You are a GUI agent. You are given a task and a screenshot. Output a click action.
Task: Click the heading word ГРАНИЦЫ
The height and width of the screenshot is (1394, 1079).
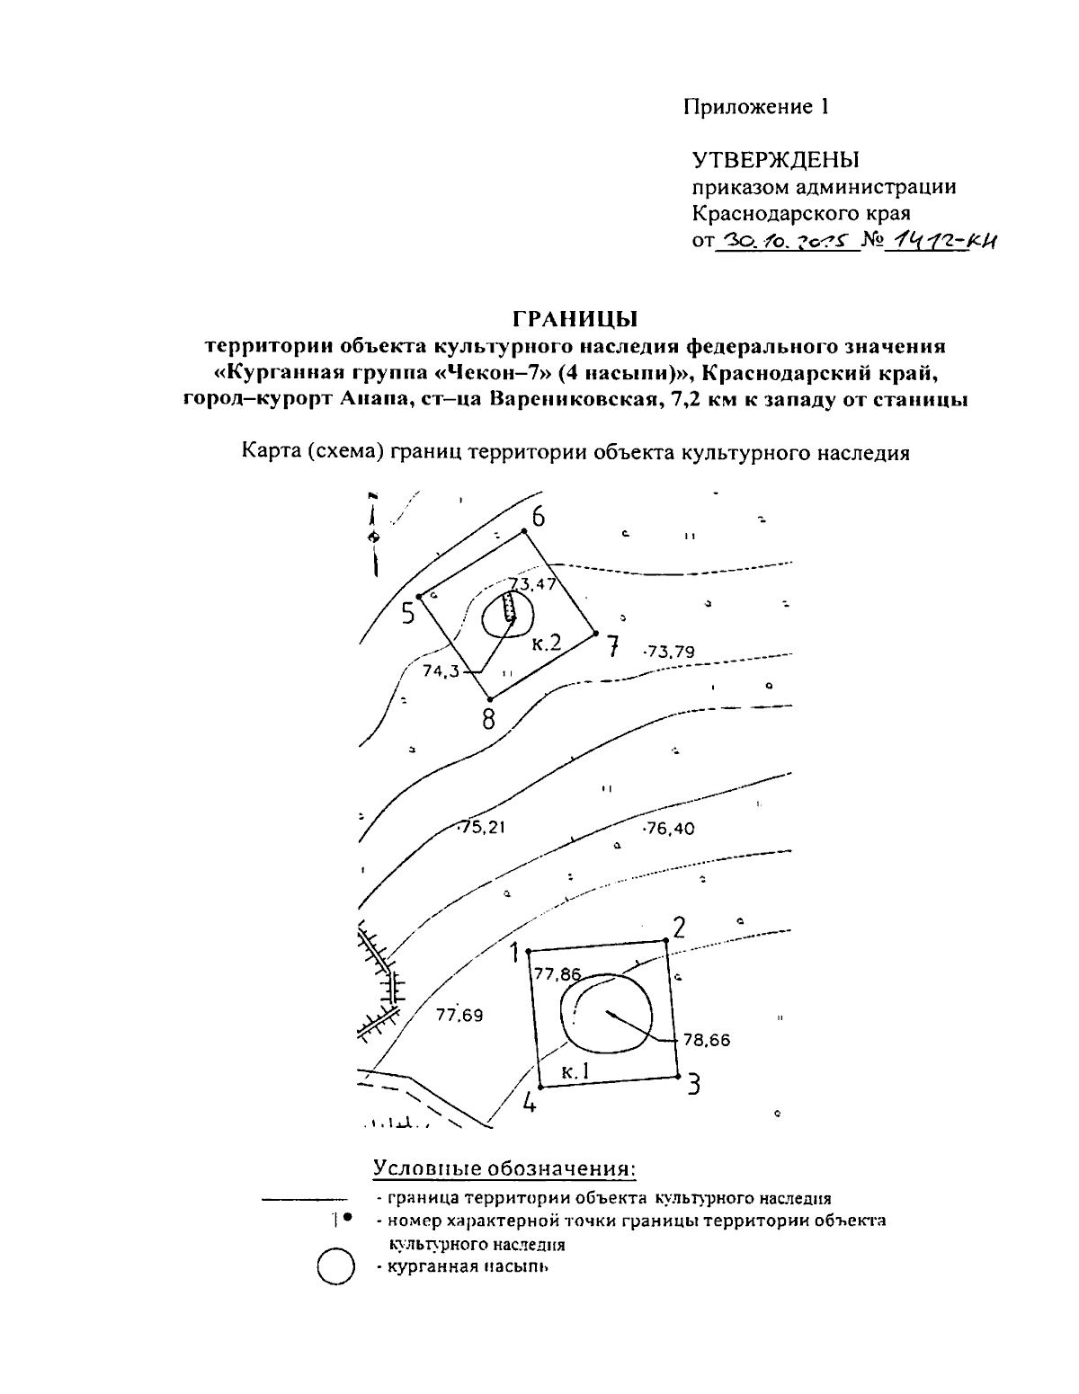click(x=575, y=319)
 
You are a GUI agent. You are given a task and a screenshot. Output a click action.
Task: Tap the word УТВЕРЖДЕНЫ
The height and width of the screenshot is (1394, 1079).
click(x=775, y=161)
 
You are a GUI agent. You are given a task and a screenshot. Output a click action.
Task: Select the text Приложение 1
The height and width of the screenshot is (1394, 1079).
click(x=755, y=107)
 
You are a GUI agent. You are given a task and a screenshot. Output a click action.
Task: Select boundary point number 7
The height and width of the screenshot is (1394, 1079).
click(x=596, y=633)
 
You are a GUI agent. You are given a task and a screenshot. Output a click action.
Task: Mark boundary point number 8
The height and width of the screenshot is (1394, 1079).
click(x=488, y=698)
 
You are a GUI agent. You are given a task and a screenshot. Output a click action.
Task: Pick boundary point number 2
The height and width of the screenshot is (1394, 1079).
click(x=666, y=942)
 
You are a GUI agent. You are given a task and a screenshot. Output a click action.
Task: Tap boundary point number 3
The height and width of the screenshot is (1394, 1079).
click(x=678, y=1076)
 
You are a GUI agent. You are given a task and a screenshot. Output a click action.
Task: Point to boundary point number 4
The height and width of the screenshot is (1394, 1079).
click(x=540, y=1087)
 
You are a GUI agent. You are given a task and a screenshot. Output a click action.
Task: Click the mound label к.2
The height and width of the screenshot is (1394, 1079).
click(x=546, y=642)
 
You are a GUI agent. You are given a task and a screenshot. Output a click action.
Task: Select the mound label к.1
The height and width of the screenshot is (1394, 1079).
click(x=574, y=1070)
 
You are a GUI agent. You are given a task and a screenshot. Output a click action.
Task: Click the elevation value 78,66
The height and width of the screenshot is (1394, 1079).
click(x=707, y=1041)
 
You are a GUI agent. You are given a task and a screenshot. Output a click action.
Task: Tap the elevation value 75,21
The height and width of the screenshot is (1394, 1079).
click(x=483, y=828)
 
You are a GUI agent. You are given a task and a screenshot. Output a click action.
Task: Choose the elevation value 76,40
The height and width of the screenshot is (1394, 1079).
click(x=670, y=829)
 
